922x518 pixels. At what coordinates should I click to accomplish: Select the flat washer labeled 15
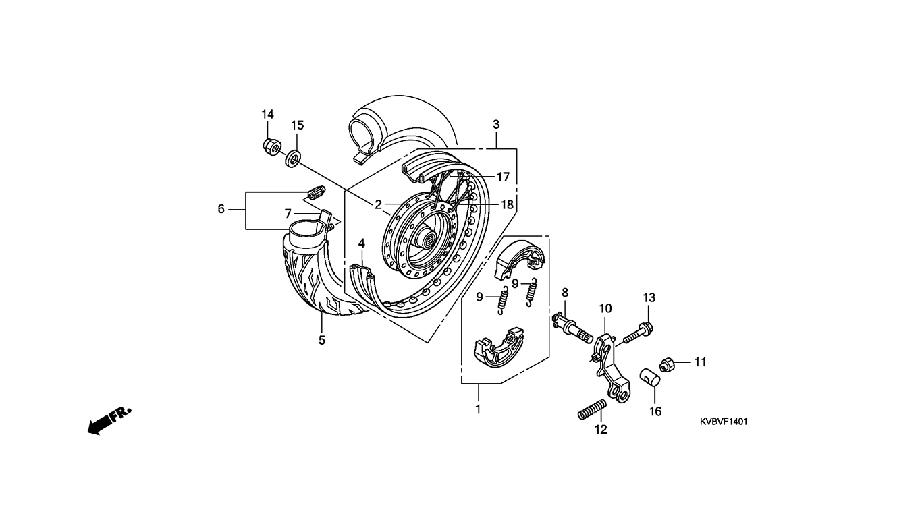coord(293,159)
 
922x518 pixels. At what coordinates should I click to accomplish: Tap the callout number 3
coord(496,124)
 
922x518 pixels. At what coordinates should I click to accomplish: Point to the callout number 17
coord(503,177)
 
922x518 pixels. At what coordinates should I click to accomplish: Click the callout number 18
coord(507,204)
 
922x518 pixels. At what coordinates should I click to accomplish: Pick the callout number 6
coord(221,209)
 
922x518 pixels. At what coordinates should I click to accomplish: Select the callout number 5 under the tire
coord(322,340)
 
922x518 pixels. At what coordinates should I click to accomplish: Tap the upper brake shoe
coord(520,259)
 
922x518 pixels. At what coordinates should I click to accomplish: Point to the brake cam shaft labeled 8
coord(572,328)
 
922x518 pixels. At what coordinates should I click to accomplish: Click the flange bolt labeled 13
coord(639,333)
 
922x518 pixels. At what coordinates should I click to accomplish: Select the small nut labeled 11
coord(667,365)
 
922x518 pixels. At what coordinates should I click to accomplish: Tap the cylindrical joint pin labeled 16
coord(650,378)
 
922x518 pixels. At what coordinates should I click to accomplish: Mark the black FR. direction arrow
coord(109,421)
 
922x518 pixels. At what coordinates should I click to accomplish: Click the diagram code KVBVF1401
coord(724,422)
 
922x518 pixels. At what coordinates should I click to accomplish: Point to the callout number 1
coord(478,409)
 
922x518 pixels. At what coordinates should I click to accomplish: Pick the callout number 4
coord(361,243)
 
